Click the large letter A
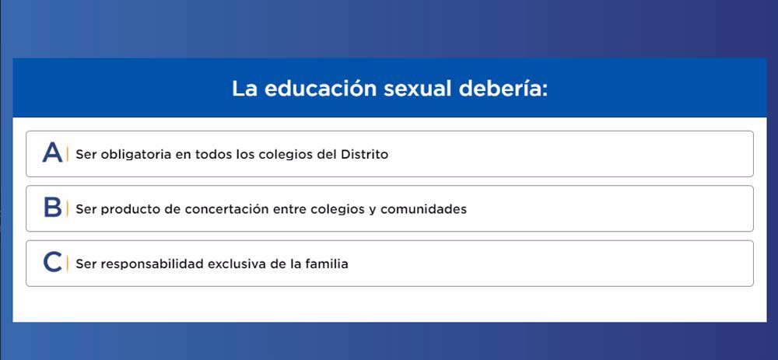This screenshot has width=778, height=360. pyautogui.click(x=53, y=152)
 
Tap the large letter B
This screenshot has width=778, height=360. pyautogui.click(x=53, y=208)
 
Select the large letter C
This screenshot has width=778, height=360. pyautogui.click(x=53, y=262)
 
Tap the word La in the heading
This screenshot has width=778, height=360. pyautogui.click(x=244, y=89)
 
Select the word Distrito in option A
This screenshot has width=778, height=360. pyautogui.click(x=365, y=154)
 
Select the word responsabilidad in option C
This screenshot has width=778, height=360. pyautogui.click(x=152, y=264)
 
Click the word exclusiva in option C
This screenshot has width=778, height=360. pyautogui.click(x=237, y=264)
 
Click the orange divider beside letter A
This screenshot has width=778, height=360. pyautogui.click(x=68, y=154)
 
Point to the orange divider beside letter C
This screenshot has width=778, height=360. pyautogui.click(x=68, y=264)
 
